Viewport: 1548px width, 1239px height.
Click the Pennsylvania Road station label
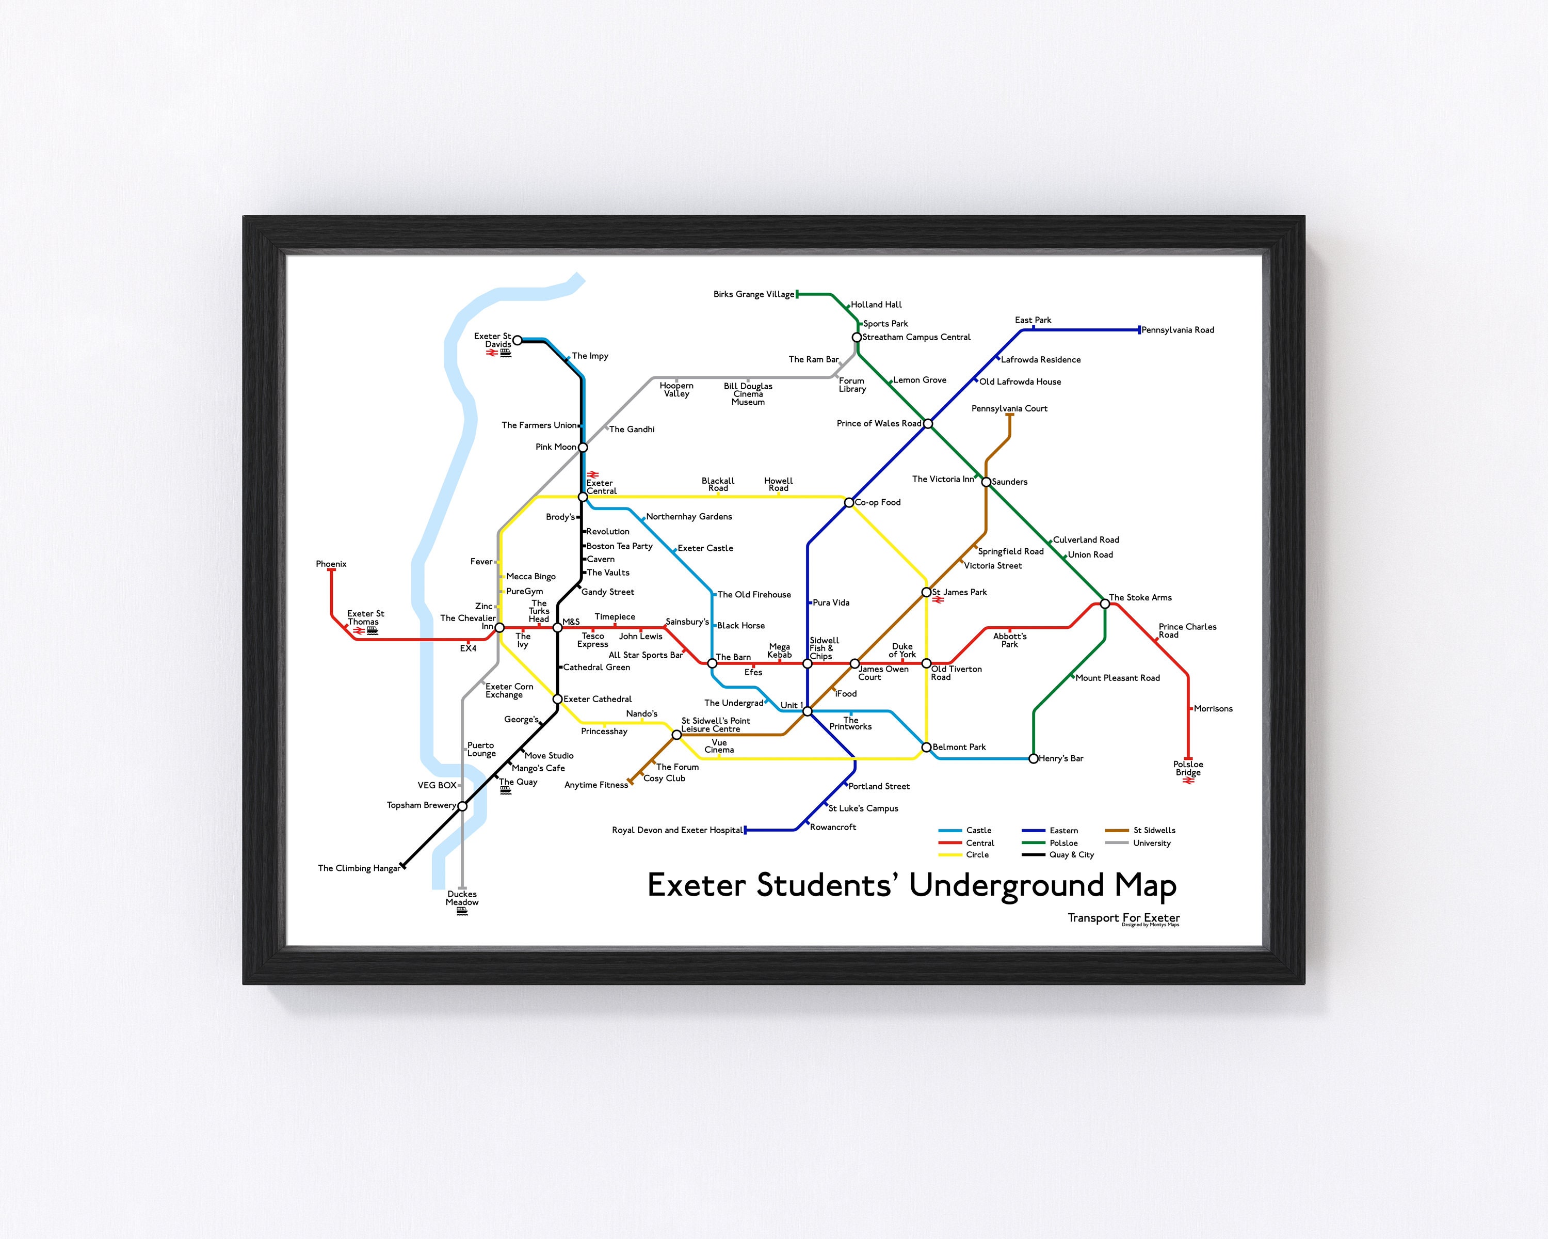[x=1178, y=330]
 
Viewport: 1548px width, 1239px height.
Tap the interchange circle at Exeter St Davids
[x=517, y=340]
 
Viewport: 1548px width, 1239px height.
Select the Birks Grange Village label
[x=753, y=294]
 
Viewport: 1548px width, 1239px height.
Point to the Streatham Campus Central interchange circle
[x=857, y=338]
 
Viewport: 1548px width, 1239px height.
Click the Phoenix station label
[x=331, y=564]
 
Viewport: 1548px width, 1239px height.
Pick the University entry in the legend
[x=1152, y=843]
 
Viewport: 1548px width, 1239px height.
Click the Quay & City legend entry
[x=1071, y=855]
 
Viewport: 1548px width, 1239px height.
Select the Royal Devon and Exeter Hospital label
[x=677, y=830]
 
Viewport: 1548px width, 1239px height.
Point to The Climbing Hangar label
[x=358, y=868]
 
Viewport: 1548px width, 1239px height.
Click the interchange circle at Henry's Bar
[x=1033, y=758]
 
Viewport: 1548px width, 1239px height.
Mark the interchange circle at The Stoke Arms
[x=1105, y=604]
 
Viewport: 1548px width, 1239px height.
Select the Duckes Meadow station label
[x=462, y=899]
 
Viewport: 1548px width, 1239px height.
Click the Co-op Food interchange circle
[x=849, y=503]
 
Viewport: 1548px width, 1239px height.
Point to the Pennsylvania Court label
[x=1009, y=409]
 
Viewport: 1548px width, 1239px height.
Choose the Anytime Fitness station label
[x=596, y=785]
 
